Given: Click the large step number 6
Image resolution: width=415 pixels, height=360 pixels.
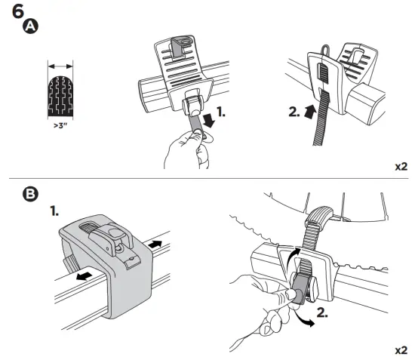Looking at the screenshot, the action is tap(18, 12).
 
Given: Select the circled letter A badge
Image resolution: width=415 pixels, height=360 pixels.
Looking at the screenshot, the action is tap(30, 26).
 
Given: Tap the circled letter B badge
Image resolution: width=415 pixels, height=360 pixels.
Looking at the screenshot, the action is tap(30, 194).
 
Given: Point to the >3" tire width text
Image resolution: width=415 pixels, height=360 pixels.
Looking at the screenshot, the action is tap(60, 125).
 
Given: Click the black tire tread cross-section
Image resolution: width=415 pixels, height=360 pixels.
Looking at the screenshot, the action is tap(60, 97).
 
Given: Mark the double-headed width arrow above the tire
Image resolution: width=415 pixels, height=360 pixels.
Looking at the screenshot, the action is tap(60, 66).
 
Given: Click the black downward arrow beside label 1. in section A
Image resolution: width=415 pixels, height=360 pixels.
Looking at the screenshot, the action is tap(209, 121).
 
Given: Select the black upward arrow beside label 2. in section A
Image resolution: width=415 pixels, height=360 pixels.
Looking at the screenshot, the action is tap(310, 111).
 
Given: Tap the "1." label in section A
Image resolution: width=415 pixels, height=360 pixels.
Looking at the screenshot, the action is tap(221, 112).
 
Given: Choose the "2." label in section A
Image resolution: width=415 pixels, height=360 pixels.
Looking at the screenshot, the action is tap(294, 112).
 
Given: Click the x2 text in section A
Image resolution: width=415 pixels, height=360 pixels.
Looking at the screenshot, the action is tap(401, 167).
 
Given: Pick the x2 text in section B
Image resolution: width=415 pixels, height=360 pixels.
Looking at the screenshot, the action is tap(401, 350).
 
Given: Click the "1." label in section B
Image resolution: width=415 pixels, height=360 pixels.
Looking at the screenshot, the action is tap(54, 211).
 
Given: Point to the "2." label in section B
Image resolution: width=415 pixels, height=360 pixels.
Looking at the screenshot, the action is tap(322, 312).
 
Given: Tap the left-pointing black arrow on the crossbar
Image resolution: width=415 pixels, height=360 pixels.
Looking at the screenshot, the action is tap(85, 276).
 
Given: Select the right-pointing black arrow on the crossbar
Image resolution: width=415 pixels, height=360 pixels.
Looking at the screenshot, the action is tap(155, 244).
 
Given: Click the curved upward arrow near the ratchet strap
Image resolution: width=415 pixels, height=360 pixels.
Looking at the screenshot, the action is tap(293, 256).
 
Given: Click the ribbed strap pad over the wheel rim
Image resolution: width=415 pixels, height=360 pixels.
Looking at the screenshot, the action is tap(319, 214).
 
